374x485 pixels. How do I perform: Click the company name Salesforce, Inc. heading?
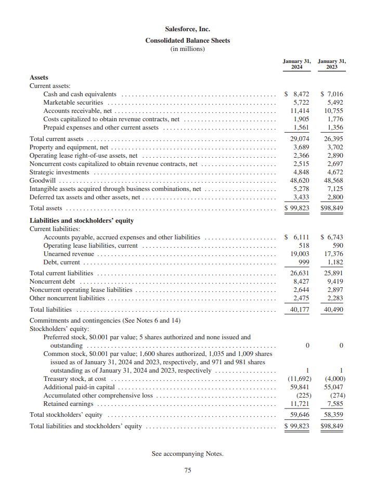(187, 29)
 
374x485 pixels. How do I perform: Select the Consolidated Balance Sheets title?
(187, 40)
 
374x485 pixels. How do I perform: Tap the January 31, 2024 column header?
(297, 64)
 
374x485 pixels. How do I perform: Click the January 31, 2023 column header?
(331, 64)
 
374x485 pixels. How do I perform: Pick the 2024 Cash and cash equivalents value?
(298, 94)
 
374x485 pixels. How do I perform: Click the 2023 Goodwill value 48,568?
(333, 180)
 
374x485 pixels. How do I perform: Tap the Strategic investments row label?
(59, 172)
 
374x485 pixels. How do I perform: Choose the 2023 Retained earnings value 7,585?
(335, 403)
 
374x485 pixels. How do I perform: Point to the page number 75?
(187, 470)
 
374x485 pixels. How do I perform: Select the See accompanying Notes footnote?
(187, 454)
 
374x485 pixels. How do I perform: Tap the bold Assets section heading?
(39, 77)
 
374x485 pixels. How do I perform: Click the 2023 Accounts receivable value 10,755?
(333, 111)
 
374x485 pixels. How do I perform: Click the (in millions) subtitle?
(187, 49)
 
